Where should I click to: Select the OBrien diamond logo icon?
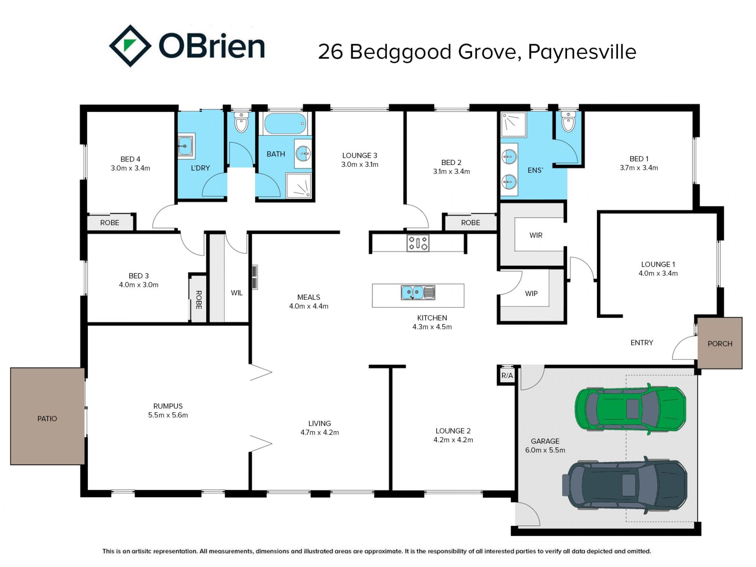(130, 46)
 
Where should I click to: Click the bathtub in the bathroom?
(285, 124)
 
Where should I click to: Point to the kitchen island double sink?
(418, 293)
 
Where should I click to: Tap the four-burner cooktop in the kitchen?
(418, 243)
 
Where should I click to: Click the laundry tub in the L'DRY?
(185, 146)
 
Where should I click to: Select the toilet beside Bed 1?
(568, 121)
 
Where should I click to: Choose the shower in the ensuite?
(513, 124)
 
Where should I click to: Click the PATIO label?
(47, 419)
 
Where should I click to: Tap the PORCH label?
(720, 344)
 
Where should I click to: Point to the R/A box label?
(507, 376)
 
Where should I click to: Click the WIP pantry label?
(531, 293)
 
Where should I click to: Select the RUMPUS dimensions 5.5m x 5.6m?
(168, 415)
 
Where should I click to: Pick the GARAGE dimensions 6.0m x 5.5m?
(545, 450)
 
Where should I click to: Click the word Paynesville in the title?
(582, 52)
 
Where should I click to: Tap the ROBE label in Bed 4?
(110, 223)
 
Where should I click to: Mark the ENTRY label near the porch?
(642, 343)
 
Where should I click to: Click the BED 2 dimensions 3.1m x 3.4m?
(452, 171)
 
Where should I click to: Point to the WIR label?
(536, 235)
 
